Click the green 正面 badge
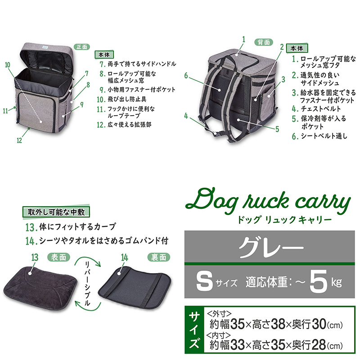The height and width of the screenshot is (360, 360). point(82,47)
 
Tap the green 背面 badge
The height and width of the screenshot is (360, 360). point(264,42)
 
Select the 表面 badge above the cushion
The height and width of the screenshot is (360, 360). point(58,257)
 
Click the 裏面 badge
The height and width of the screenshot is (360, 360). point(159,257)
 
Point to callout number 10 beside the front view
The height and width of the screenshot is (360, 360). point(8,65)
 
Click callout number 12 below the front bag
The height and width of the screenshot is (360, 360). point(19,140)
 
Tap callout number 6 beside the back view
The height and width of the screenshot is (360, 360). point(186,75)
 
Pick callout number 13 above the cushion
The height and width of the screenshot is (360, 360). point(35,257)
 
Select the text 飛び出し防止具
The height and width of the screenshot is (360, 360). point(127,99)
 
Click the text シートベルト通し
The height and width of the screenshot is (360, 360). point(324,136)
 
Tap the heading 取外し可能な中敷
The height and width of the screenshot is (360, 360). point(56,212)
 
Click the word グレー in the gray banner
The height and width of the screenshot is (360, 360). point(271,247)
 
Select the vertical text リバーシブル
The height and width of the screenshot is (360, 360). point(87,284)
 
